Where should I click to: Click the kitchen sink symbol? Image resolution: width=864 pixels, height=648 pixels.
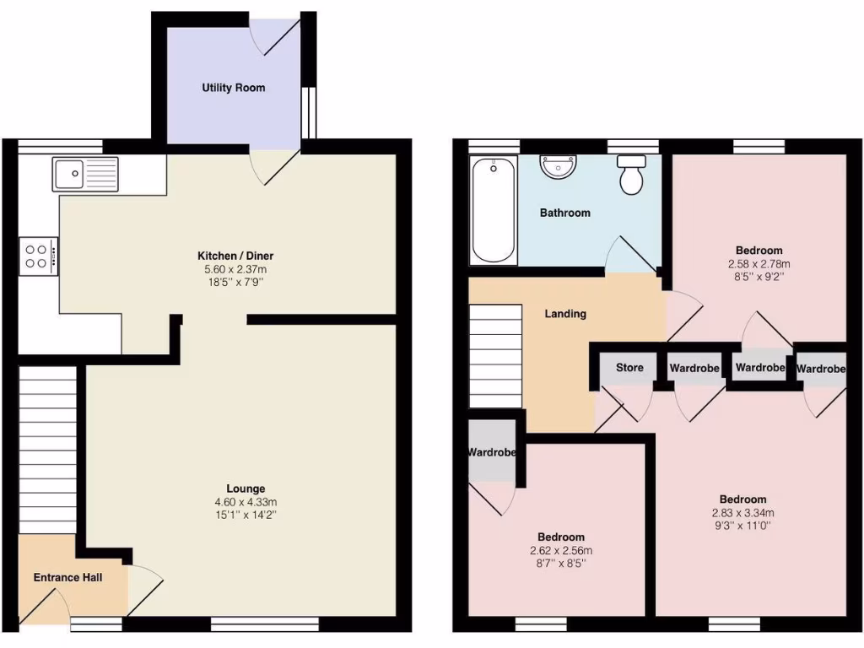85,175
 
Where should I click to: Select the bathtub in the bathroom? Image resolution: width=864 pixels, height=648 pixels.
494,211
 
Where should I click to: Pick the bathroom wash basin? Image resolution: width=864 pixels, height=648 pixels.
558,167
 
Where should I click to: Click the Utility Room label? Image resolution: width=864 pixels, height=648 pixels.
233,88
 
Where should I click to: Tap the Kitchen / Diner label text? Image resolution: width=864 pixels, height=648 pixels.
235,256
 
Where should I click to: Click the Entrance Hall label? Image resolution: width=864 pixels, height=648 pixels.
67,578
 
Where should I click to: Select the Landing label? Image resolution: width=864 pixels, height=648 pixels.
565,314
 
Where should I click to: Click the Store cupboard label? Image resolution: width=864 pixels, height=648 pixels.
629,368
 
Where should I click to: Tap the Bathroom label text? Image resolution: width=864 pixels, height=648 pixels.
564,213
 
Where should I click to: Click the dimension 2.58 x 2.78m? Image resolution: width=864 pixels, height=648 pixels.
759,262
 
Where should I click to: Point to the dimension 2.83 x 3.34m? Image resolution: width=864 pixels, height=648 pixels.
742,512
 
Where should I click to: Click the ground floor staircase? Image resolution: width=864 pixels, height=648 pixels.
47,447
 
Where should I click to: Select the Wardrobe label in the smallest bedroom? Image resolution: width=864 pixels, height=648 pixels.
492,452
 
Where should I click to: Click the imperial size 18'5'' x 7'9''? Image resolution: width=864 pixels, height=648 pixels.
235,282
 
